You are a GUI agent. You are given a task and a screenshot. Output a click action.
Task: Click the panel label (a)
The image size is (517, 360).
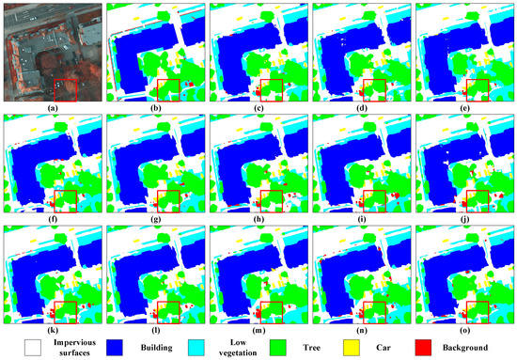click(x=51, y=105)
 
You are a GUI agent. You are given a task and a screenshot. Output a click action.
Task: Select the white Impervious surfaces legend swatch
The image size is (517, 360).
click(x=18, y=345)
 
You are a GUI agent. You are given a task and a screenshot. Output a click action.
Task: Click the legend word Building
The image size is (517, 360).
click(x=155, y=345)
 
